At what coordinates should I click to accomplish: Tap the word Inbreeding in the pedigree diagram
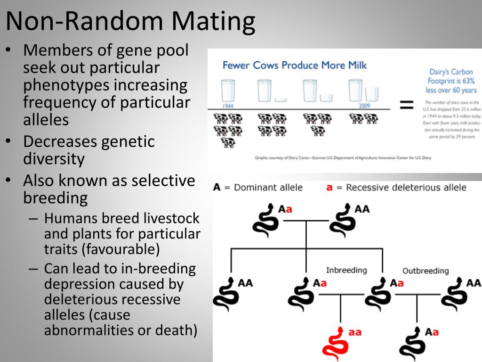[x=346, y=270]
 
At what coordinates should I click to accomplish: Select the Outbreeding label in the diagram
[x=426, y=271]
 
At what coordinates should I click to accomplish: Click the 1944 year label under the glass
[x=228, y=106]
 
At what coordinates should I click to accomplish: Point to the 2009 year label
[x=364, y=106]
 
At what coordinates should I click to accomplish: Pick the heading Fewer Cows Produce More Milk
[x=294, y=65]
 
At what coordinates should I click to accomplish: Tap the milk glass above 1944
[x=228, y=90]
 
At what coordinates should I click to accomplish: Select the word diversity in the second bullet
[x=54, y=159]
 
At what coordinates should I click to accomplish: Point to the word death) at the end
[x=175, y=330]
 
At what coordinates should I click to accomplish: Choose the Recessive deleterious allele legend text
[x=406, y=187]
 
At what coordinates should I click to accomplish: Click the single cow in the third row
[x=228, y=142]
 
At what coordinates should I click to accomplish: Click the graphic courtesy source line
[x=343, y=158]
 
